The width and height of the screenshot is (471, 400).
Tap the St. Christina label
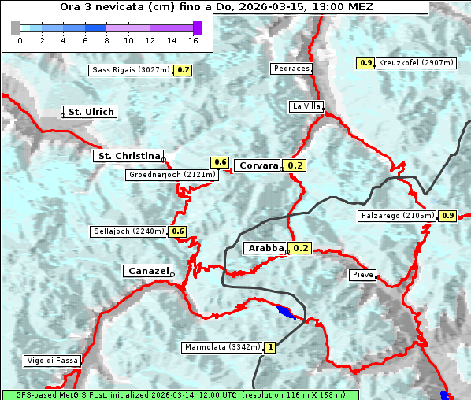128,156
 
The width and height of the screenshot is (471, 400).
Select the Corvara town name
258,165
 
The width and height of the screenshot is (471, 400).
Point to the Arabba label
265,248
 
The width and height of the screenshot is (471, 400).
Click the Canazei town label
146,271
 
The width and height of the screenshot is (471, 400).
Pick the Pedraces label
291,69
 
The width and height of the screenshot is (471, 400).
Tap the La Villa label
306,106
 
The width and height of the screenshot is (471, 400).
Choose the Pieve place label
362,275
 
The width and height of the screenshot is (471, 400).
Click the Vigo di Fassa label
53,361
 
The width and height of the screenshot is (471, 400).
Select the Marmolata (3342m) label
221,346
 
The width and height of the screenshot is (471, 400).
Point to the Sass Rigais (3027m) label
131,70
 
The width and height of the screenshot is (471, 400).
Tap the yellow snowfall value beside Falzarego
448,215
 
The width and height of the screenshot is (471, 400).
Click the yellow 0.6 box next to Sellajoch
178,231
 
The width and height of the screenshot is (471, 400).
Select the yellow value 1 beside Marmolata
270,346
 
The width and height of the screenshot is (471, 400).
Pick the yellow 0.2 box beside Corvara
295,165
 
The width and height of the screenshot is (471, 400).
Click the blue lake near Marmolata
287,313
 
